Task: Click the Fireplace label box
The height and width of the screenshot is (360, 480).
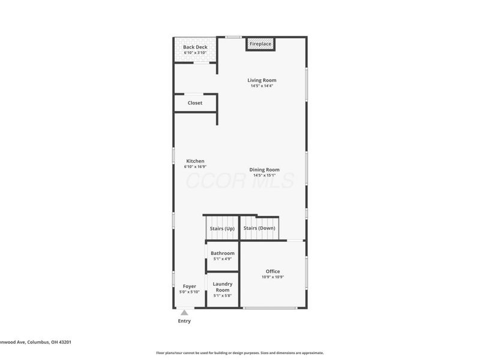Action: coord(260,44)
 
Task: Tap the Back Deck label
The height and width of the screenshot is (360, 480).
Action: coord(195,47)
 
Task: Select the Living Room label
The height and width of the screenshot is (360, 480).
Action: coord(262,80)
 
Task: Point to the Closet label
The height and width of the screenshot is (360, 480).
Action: coord(195,103)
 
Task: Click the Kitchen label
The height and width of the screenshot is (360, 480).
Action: coord(195,161)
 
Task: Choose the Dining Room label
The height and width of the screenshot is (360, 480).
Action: coord(264,170)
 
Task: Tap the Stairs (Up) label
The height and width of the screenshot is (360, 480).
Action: coord(222,229)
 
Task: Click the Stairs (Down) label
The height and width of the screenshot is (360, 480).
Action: coord(259,229)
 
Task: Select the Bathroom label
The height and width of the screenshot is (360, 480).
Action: coord(223,253)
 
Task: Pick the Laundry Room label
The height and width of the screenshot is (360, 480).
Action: coord(223,287)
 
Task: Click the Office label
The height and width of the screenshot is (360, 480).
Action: coord(273,271)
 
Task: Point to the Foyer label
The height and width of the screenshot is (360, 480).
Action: coord(190,286)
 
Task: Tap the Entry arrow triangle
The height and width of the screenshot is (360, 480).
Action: coord(184,312)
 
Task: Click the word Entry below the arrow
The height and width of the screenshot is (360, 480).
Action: coord(184,321)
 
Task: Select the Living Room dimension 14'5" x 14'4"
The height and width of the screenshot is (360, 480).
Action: coord(262,86)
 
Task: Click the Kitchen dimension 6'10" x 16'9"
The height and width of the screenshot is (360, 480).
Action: coord(195,167)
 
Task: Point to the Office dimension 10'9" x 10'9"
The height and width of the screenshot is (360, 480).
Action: coord(273,277)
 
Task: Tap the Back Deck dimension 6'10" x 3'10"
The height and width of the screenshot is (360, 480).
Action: coord(195,53)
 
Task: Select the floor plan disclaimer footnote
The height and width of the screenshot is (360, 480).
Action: coord(240,353)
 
